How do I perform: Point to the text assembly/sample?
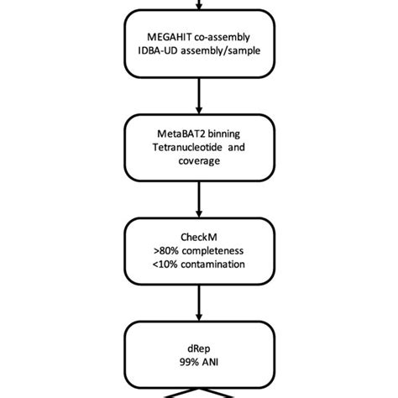[x=223, y=51]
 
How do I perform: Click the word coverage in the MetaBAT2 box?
[x=199, y=164]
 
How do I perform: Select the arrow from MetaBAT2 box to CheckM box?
[x=199, y=198]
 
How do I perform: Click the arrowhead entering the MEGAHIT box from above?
[x=199, y=8]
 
